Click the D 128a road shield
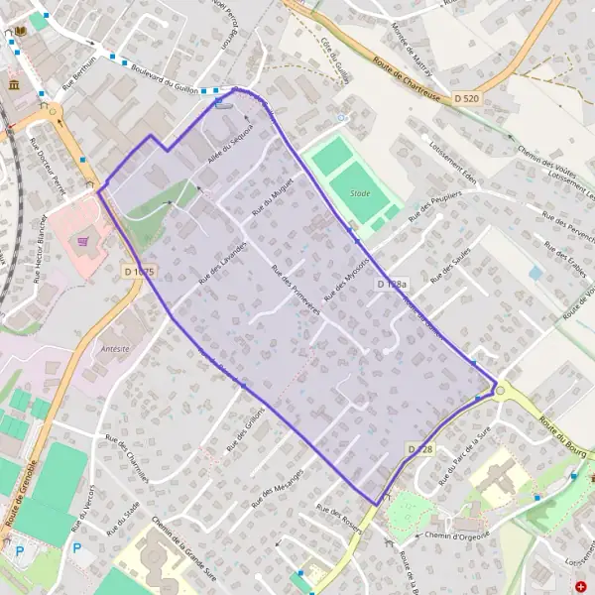[x=392, y=285]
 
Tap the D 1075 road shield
[x=140, y=271]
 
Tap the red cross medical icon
[x=580, y=587]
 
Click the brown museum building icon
[x=14, y=85]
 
